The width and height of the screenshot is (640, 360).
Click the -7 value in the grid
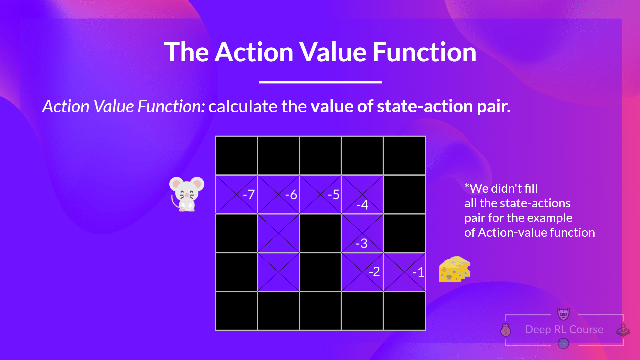pos(249,194)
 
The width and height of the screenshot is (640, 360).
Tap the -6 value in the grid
pos(291,194)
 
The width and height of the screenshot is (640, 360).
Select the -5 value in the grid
pos(333,194)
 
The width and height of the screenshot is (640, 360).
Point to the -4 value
pos(362,205)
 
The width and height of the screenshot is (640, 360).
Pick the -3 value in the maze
pos(361,244)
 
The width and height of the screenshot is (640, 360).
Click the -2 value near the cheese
pos(374,271)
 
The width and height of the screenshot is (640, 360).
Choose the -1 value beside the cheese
pos(418,272)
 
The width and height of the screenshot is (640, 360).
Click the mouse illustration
pos(186,194)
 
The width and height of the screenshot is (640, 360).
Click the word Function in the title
pos(424,52)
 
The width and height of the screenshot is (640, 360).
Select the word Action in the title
pos(254,52)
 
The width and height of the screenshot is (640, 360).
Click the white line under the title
pos(320,82)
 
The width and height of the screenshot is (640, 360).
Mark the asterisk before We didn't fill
pos(467,185)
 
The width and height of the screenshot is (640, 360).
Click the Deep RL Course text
pos(564,329)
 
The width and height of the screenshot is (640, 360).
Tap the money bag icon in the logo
pos(506,330)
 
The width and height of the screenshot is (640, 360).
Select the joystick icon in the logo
pos(623,330)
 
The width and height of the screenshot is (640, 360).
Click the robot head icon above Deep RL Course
pos(563,314)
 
